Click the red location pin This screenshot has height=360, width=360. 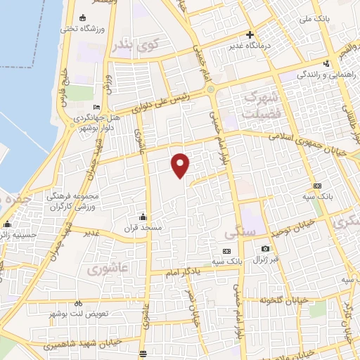tap(181, 165)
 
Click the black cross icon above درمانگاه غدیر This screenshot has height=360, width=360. tap(250, 34)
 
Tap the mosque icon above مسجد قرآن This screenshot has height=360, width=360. tap(143, 216)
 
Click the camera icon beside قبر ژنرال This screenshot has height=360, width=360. tap(265, 248)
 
